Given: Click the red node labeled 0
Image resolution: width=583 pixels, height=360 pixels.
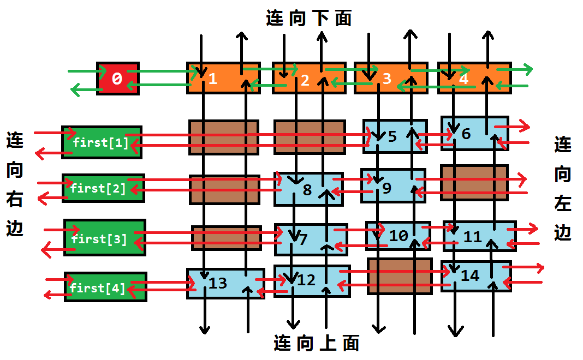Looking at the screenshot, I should (x=117, y=79).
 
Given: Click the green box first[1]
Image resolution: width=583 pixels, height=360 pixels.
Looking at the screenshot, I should (x=102, y=143).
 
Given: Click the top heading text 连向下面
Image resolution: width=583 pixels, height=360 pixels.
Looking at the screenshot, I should (x=309, y=19).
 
